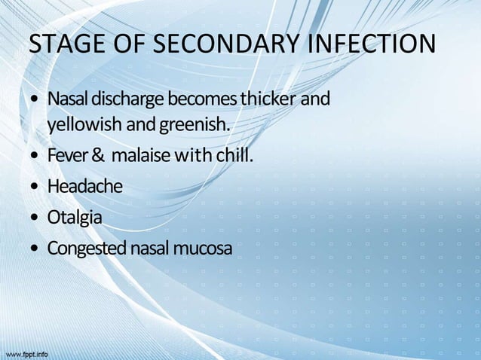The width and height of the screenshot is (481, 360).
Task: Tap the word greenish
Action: [189, 124]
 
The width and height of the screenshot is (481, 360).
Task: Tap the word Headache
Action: [84, 186]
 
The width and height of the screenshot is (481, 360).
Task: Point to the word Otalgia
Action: [75, 217]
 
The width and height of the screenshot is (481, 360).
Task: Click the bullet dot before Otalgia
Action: [35, 218]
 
